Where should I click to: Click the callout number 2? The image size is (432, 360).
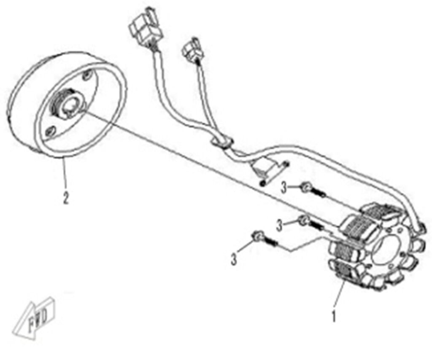point(65,197)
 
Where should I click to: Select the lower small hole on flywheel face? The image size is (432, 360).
point(49,132)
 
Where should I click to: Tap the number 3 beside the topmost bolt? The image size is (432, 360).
point(285,188)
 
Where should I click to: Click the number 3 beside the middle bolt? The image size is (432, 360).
point(279,226)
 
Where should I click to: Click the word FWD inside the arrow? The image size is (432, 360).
point(38,315)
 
